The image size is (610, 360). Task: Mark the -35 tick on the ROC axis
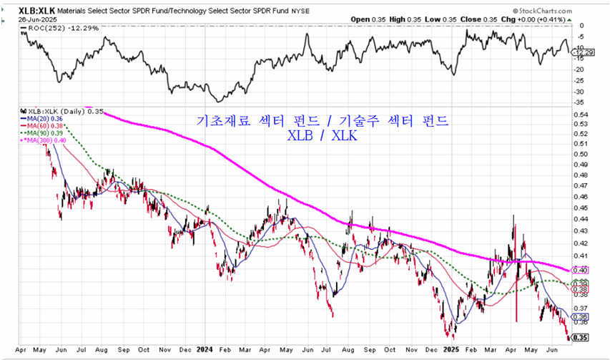click(581, 102)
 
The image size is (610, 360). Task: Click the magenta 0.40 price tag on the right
click(580, 270)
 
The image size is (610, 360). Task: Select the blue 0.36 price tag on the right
click(580, 316)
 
